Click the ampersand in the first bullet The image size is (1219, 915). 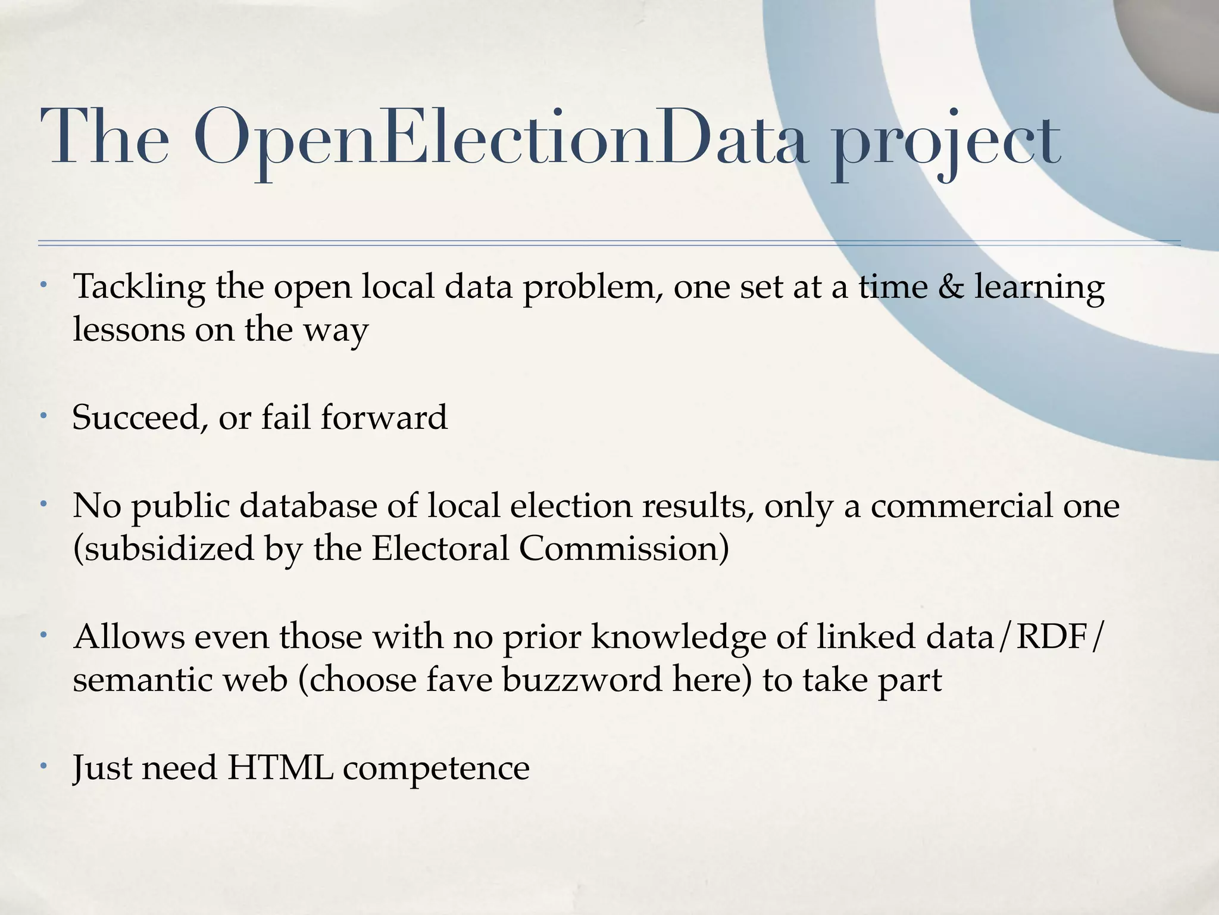pyautogui.click(x=951, y=287)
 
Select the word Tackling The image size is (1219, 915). pyautogui.click(x=139, y=288)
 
